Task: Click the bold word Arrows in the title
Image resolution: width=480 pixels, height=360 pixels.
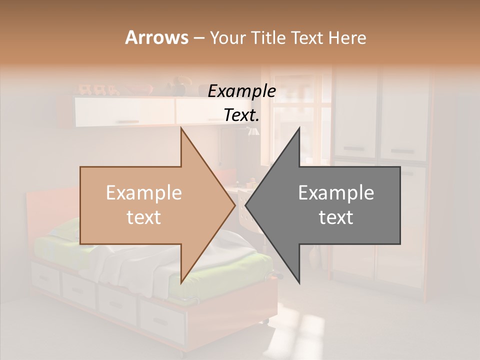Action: tap(156, 37)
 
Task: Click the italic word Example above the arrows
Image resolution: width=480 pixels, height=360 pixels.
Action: tap(241, 91)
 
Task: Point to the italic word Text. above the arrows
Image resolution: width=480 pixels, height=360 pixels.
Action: tap(241, 115)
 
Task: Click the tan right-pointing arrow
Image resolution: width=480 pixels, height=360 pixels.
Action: tap(150, 205)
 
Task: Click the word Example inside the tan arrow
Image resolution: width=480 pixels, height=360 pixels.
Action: tap(143, 193)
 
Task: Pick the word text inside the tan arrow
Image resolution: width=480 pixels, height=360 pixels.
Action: tap(143, 217)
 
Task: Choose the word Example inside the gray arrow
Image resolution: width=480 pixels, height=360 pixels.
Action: tap(336, 193)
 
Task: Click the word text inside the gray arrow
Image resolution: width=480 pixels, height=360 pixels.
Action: tap(336, 217)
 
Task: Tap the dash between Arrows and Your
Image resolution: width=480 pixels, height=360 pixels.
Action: tap(198, 38)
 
